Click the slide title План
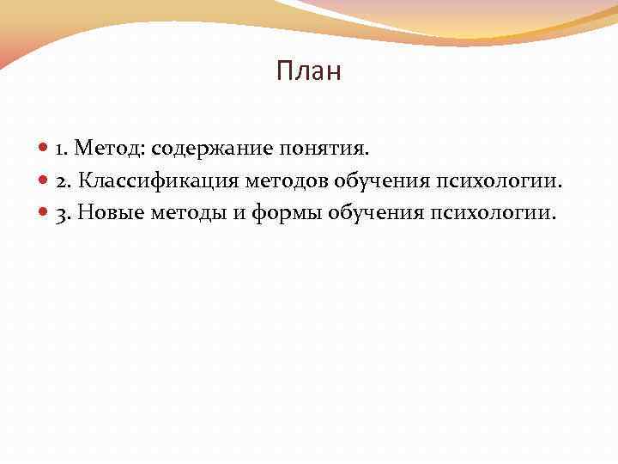[x=309, y=72]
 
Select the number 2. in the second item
[x=64, y=180]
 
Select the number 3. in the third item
[x=63, y=212]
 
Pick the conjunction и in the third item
[x=239, y=212]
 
